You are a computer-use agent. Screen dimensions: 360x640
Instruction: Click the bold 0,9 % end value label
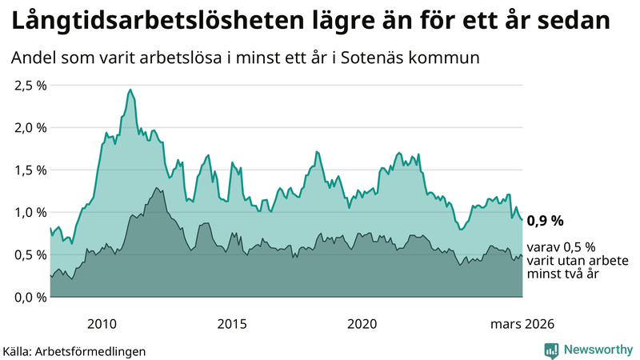click(x=546, y=220)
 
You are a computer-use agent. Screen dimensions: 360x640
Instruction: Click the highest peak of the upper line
click(x=130, y=90)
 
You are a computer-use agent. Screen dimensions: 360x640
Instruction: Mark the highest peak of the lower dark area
click(x=157, y=188)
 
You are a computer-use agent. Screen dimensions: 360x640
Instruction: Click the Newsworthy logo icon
click(x=551, y=350)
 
